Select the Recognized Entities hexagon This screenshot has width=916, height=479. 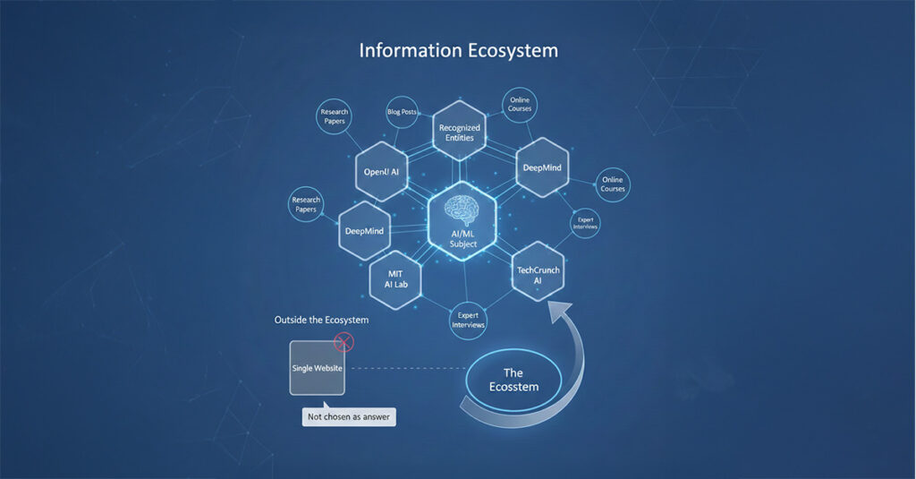coord(460,131)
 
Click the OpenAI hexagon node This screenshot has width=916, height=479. coord(381,171)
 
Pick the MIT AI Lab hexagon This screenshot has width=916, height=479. coord(395,279)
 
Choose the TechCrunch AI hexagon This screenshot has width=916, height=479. coord(538,271)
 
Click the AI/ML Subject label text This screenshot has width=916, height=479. coord(463,239)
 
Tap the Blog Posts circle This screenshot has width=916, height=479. coord(402,112)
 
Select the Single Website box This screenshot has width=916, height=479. coord(318,368)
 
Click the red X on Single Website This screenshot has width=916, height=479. coord(343,342)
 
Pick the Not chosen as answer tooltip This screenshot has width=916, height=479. coord(349,416)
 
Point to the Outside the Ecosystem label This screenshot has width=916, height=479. coord(321,320)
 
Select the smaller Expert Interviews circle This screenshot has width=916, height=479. coord(585,223)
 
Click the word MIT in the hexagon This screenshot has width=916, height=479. coord(395,274)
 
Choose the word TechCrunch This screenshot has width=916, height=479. coord(538,270)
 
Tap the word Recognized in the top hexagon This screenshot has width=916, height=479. coord(460,127)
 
